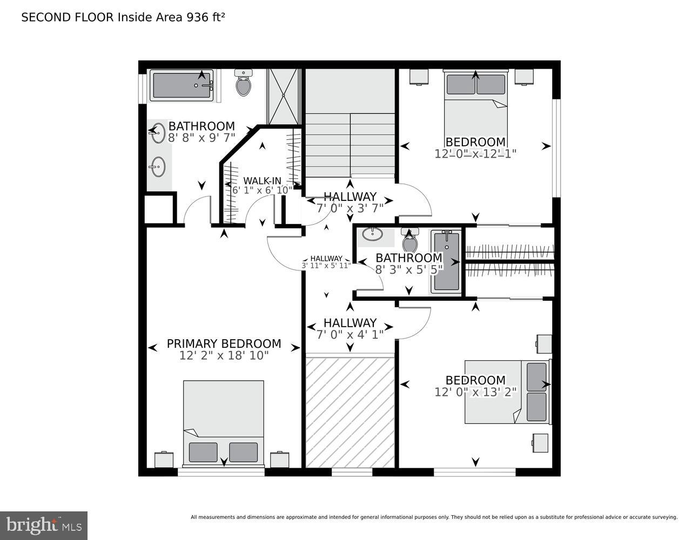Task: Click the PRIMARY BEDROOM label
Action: (224, 343)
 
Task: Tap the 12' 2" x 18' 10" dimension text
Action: (224, 356)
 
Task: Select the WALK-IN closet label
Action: (262, 180)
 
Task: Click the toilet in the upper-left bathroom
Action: (244, 83)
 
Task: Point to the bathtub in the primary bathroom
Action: (182, 85)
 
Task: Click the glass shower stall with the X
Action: (283, 96)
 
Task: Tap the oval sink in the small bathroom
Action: (372, 234)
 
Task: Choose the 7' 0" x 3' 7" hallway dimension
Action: (349, 208)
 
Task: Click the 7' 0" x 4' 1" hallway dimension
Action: (349, 335)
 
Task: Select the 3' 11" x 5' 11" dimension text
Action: (326, 266)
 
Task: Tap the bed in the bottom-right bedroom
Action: (507, 392)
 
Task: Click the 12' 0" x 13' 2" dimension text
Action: (475, 393)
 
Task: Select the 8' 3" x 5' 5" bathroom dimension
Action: (409, 269)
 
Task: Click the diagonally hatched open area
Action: (350, 410)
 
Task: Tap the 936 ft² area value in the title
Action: (205, 17)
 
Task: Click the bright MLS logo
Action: (44, 525)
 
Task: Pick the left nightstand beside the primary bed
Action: (164, 460)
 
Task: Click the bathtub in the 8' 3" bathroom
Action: (447, 261)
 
